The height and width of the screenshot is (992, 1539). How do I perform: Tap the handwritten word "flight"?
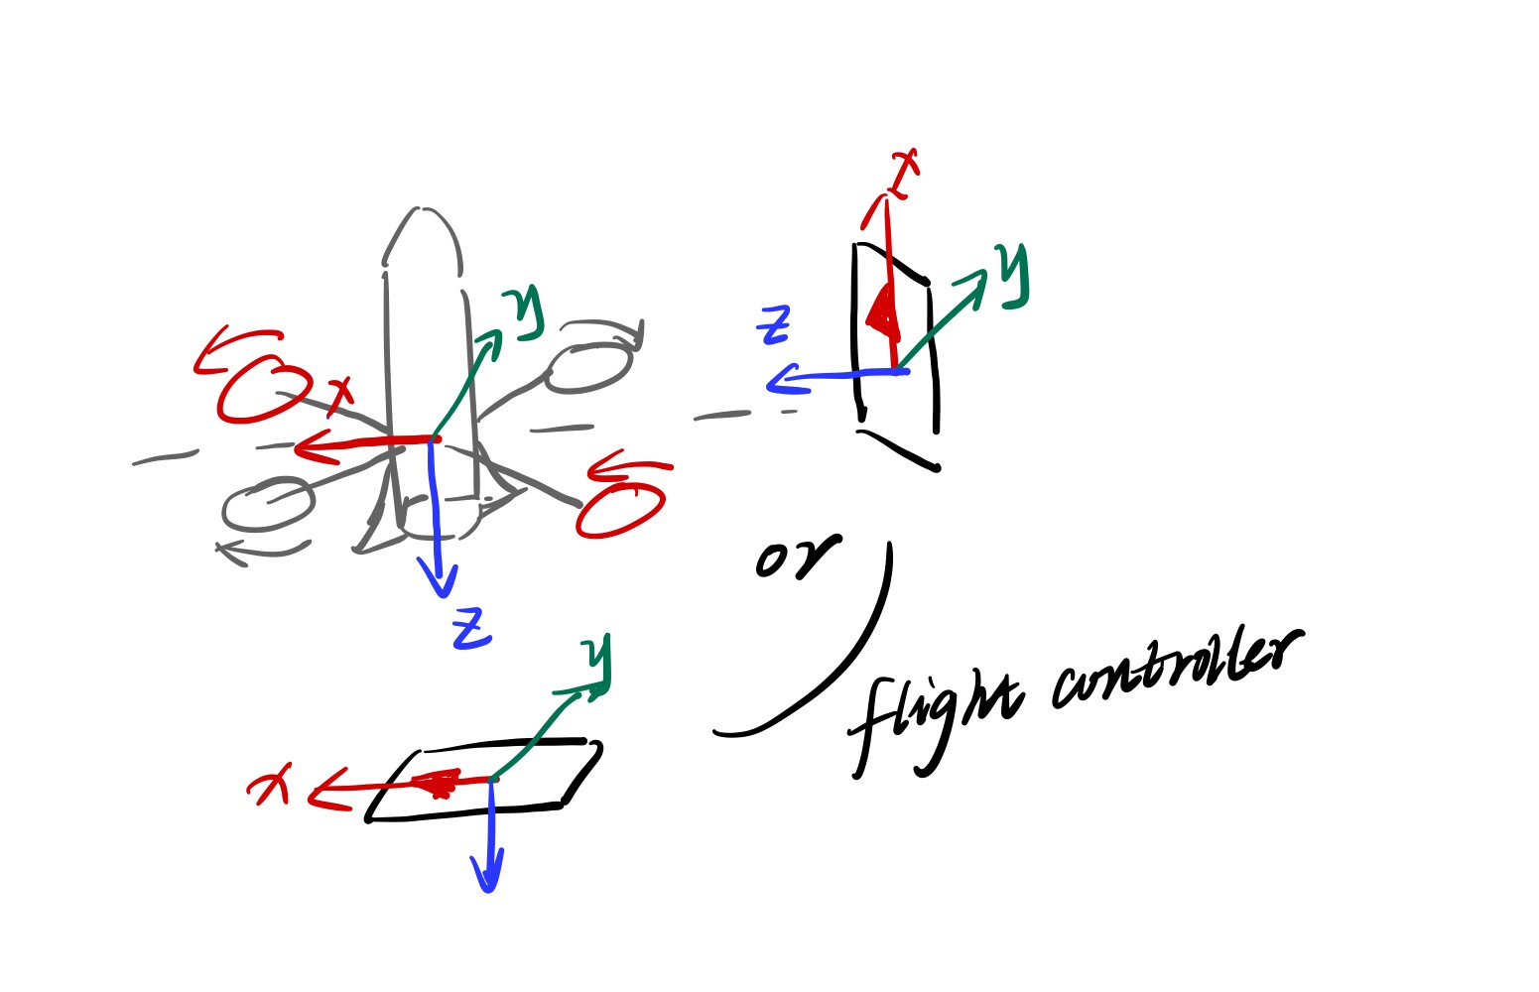(x=936, y=721)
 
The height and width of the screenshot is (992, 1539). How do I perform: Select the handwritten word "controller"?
(x=1176, y=669)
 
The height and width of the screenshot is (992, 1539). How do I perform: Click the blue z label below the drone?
(x=472, y=628)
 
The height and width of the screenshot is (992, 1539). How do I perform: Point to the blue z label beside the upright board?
(x=774, y=325)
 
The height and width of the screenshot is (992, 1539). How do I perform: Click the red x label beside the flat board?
(x=268, y=784)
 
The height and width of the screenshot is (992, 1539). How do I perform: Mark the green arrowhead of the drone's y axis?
(x=490, y=340)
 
